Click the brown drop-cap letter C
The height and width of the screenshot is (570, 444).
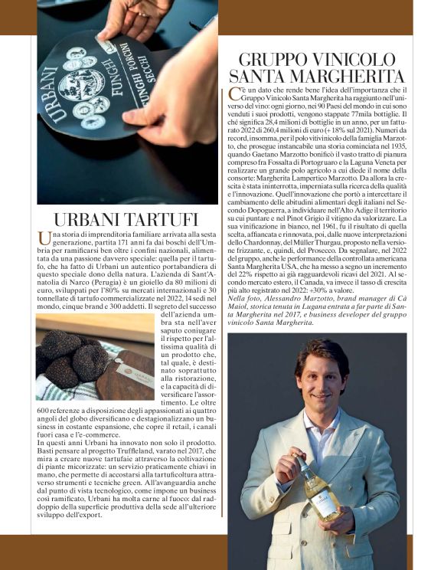click(234, 94)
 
